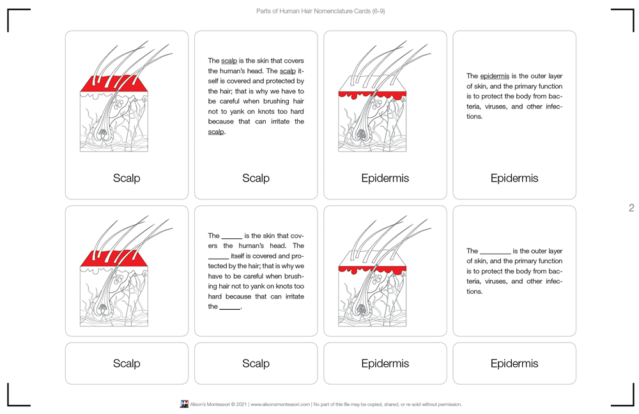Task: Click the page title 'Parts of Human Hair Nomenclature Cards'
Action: pyautogui.click(x=320, y=11)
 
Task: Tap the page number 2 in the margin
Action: pyautogui.click(x=631, y=208)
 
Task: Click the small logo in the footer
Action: pyautogui.click(x=184, y=404)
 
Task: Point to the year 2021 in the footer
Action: pyautogui.click(x=240, y=404)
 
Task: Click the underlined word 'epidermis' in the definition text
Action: pyautogui.click(x=495, y=76)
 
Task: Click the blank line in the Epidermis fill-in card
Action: pyautogui.click(x=495, y=252)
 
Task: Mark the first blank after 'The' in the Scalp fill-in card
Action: pyautogui.click(x=232, y=236)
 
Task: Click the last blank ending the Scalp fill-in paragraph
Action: pyautogui.click(x=229, y=307)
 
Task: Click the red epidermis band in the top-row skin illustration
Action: pyautogui.click(x=372, y=95)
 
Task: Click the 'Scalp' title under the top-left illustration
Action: pyautogui.click(x=127, y=178)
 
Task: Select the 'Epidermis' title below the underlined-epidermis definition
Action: pyautogui.click(x=514, y=178)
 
